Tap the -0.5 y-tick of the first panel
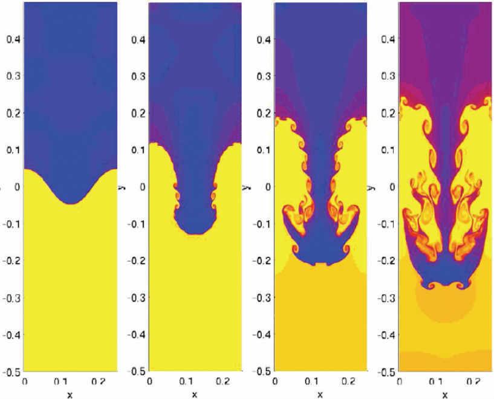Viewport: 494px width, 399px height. point(10,371)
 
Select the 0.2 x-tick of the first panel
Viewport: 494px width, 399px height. point(100,381)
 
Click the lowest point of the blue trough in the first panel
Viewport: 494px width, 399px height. point(70,204)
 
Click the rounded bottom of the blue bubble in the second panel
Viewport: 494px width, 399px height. point(194,233)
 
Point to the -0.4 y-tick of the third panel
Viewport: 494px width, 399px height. point(261,334)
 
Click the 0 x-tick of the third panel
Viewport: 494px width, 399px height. point(275,381)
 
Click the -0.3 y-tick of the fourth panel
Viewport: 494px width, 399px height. point(385,297)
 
